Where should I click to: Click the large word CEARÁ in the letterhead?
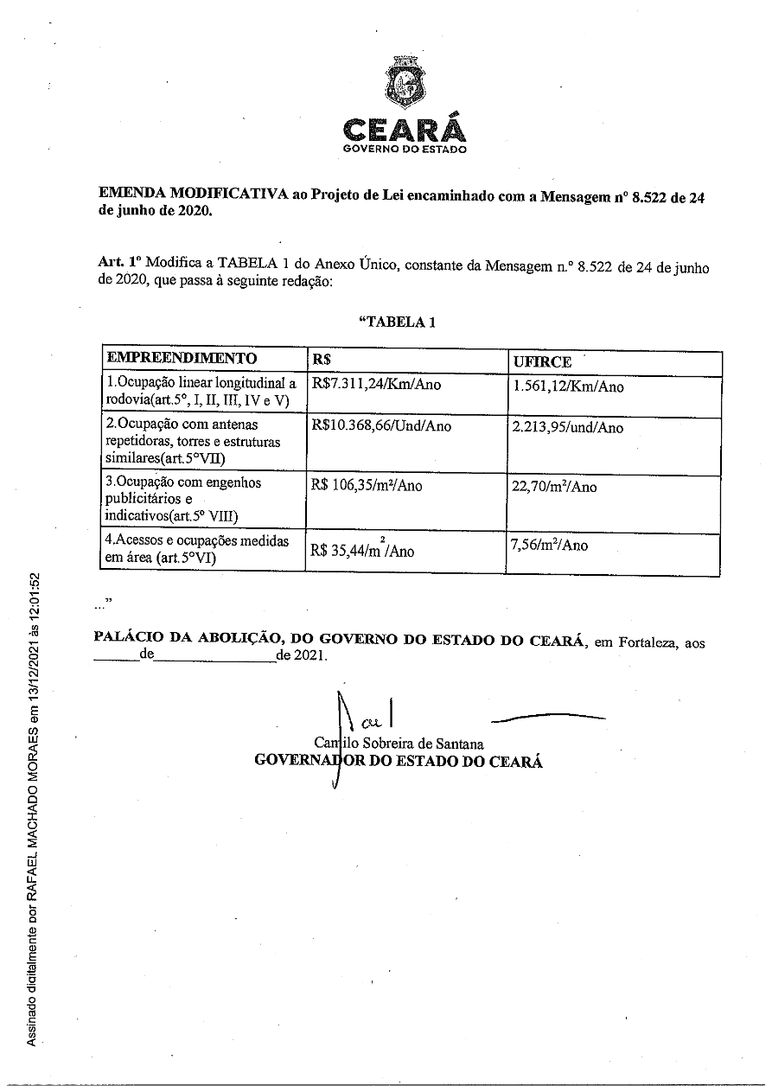coord(405,130)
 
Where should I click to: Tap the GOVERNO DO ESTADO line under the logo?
coord(405,149)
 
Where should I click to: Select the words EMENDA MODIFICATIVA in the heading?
coord(192,195)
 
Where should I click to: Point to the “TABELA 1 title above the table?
coord(397,322)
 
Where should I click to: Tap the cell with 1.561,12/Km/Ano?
coord(568,386)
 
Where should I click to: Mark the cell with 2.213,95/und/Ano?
coord(568,427)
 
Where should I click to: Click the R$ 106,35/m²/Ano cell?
coord(367,485)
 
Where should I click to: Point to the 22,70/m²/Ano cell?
coord(554,487)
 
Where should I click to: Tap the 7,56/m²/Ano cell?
coord(550,546)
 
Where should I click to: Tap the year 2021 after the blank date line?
coord(309,655)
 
